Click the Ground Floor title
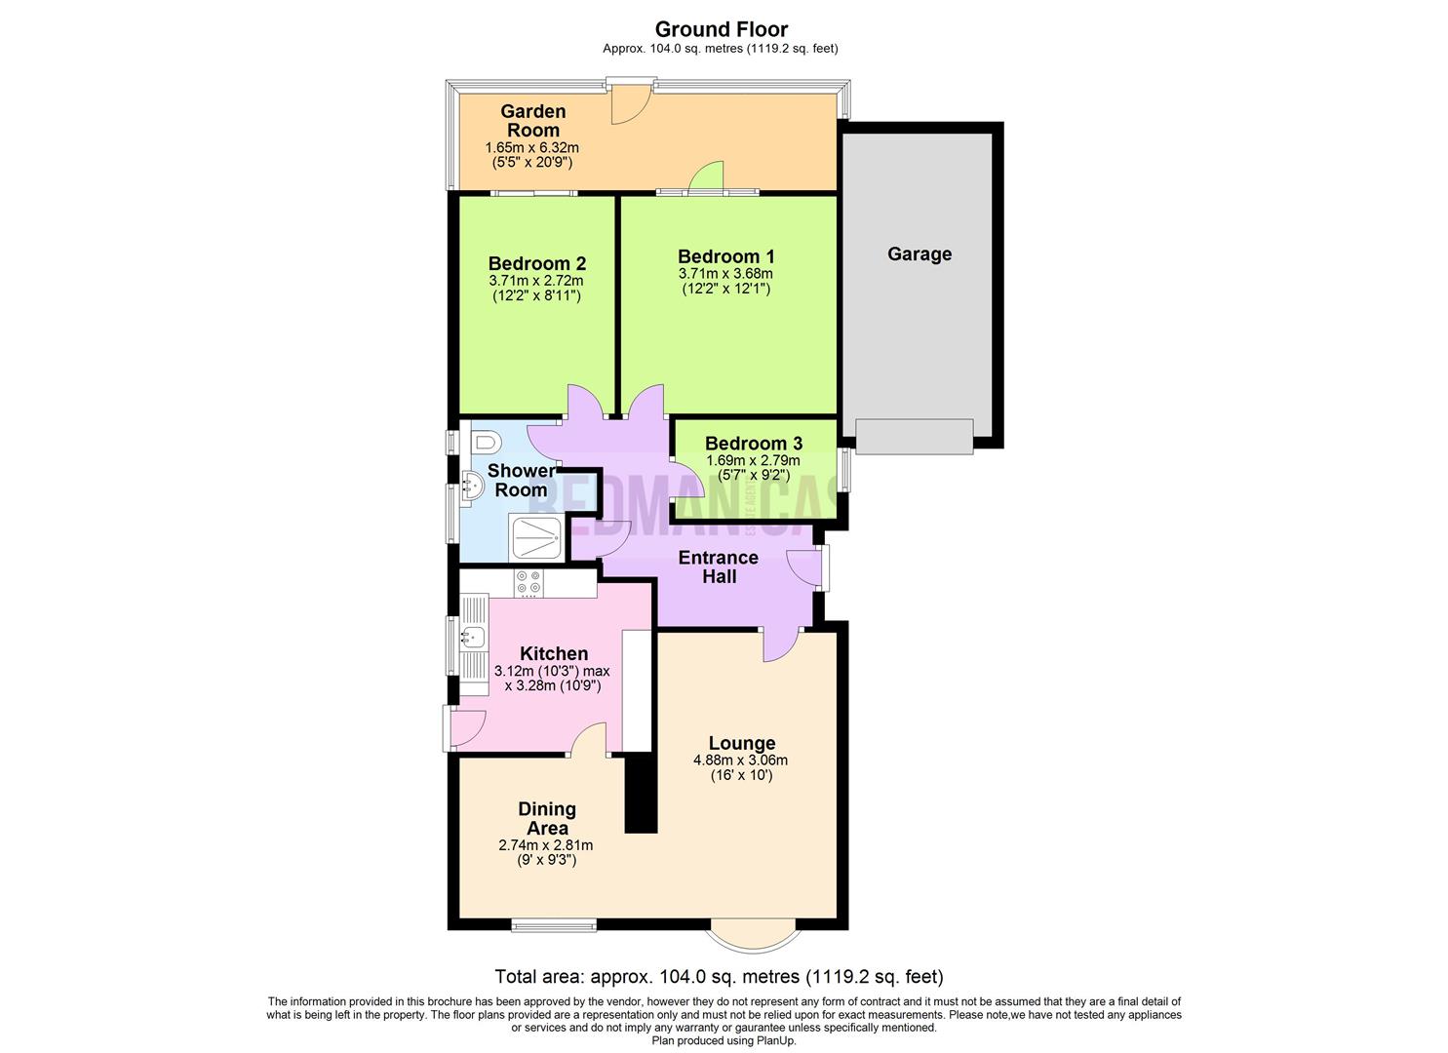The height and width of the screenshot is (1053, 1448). (x=721, y=29)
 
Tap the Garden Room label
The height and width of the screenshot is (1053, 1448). (x=532, y=121)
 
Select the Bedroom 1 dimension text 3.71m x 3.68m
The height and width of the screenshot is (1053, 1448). (x=725, y=274)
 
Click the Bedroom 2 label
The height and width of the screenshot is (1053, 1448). (x=536, y=263)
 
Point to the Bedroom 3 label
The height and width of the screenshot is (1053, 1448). (x=753, y=444)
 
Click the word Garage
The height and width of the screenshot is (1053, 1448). (x=919, y=254)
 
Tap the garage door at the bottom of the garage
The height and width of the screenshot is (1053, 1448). (x=914, y=436)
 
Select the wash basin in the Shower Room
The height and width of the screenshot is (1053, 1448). (x=472, y=485)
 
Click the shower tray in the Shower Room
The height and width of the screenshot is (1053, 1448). (x=535, y=539)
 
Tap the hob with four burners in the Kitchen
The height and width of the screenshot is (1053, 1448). (x=529, y=583)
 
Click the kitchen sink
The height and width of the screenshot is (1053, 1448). (x=473, y=639)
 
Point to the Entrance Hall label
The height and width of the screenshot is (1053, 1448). (x=718, y=566)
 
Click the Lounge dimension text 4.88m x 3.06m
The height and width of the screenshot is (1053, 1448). (x=740, y=760)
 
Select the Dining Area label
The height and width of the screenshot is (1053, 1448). (x=546, y=818)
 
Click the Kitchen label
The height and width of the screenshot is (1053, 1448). (x=553, y=653)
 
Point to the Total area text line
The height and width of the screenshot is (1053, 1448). (x=719, y=976)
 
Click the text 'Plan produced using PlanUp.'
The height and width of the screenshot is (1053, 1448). (x=724, y=1040)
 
